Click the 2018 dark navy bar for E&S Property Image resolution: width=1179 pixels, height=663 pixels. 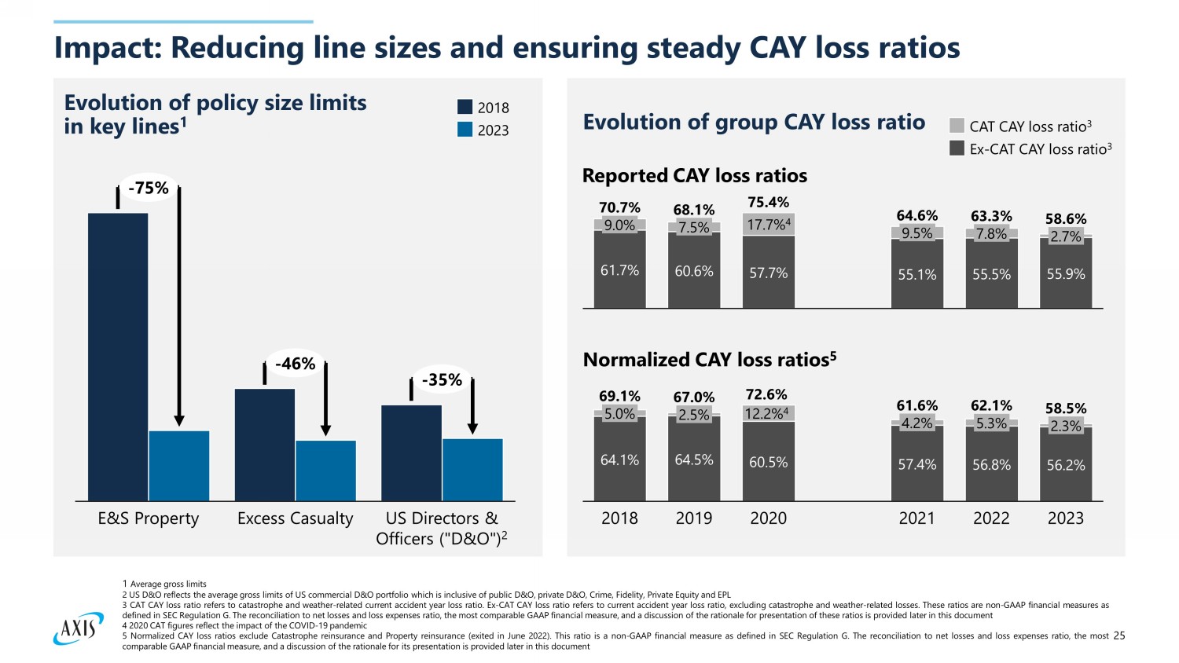(118, 357)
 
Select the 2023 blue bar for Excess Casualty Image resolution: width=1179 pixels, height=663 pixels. (325, 471)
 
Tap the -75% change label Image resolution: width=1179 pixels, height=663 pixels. (149, 189)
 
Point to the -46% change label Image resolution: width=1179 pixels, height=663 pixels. (295, 364)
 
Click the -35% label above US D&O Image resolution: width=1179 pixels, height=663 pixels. (442, 380)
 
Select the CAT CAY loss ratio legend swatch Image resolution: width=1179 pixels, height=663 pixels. (957, 126)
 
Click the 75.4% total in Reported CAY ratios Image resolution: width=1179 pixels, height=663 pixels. (768, 203)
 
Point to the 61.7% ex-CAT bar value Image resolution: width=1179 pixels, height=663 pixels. (619, 270)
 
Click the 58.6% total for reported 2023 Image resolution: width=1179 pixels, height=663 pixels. (1065, 219)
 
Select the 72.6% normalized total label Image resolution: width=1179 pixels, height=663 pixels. (766, 394)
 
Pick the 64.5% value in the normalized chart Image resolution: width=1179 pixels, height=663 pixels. (694, 460)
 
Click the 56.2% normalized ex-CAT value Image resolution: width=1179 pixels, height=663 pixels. (1065, 465)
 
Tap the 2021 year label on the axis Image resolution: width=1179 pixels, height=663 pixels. (916, 518)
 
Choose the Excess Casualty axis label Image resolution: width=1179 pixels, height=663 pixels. (295, 518)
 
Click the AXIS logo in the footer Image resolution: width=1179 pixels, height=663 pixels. (78, 628)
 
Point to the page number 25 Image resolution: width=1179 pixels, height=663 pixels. (1119, 636)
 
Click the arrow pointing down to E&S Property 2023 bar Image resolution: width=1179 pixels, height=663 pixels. (179, 306)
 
